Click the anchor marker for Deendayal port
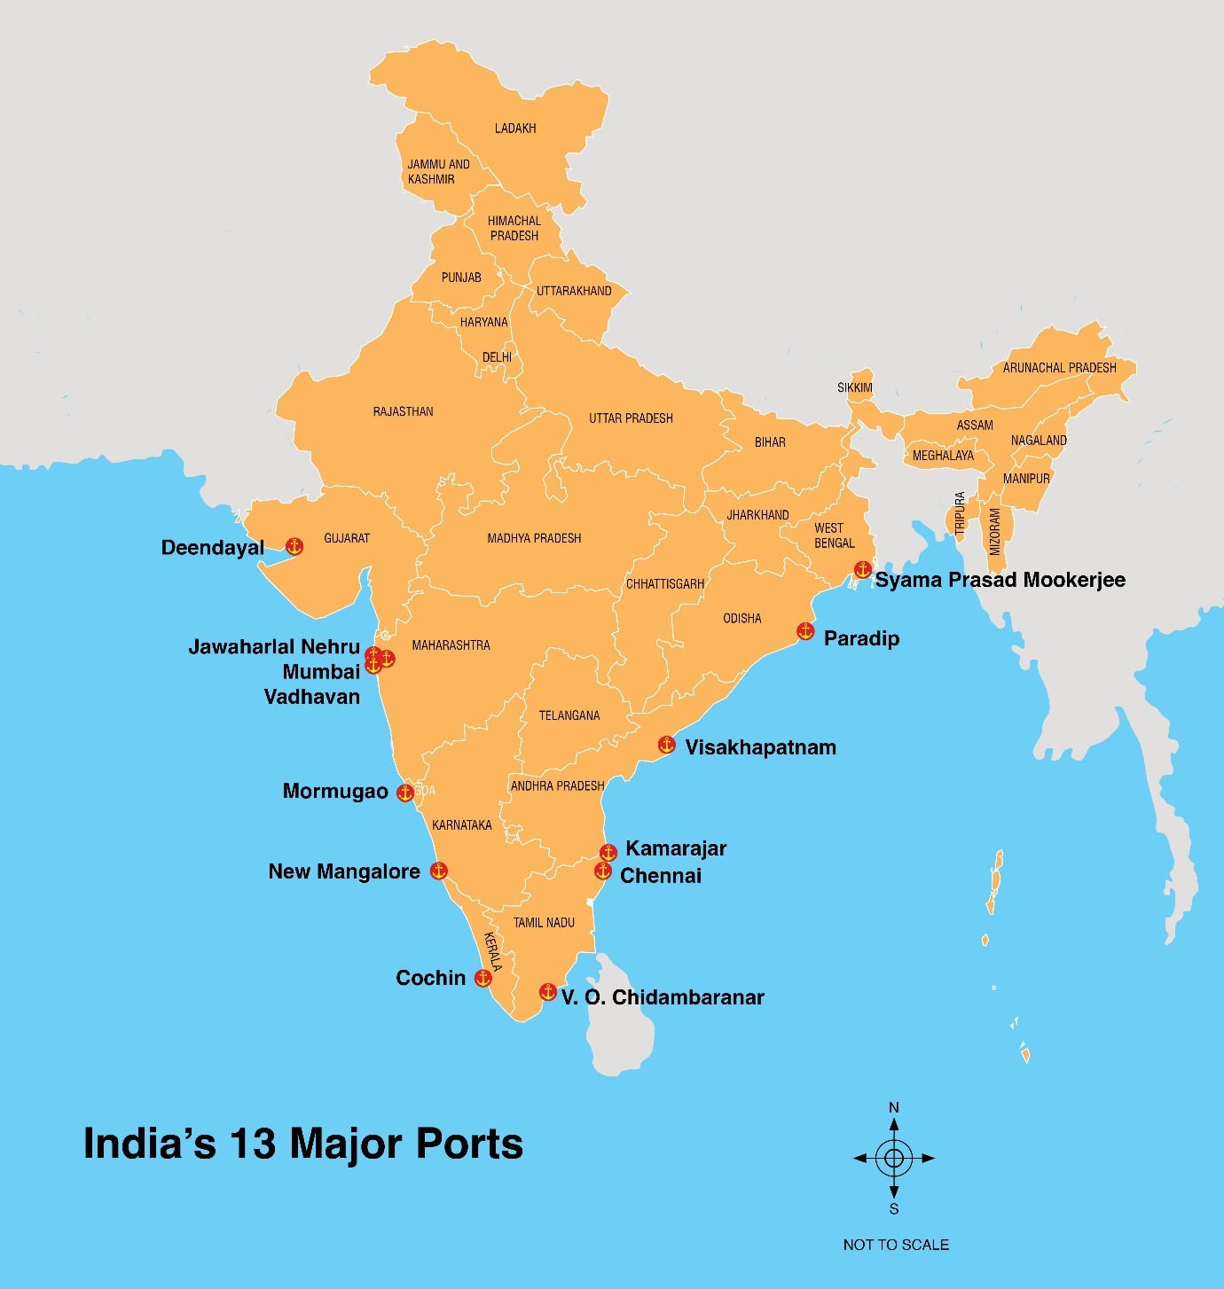pos(294,547)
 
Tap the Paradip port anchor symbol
pos(805,631)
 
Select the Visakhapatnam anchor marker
pos(667,745)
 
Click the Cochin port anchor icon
pos(483,978)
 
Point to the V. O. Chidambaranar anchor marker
pos(548,991)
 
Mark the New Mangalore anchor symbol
pos(438,871)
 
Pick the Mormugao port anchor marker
pos(405,793)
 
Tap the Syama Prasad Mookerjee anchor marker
pos(862,569)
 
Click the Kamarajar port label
pos(676,848)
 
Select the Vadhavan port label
pos(312,697)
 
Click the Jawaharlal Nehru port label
pos(274,647)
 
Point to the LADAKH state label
pos(515,129)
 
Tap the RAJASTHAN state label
pos(404,411)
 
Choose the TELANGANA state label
pos(569,715)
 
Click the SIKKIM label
pos(855,387)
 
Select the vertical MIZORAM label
pos(995,532)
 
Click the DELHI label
pos(497,357)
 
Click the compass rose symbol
pos(894,1158)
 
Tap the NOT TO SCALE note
pos(896,1245)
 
